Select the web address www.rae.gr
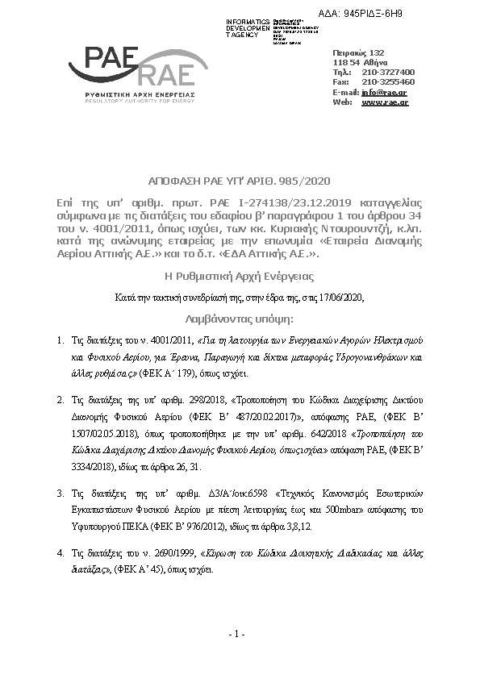(384, 103)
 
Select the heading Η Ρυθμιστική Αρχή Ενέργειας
(239, 275)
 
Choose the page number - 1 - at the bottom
(237, 635)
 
